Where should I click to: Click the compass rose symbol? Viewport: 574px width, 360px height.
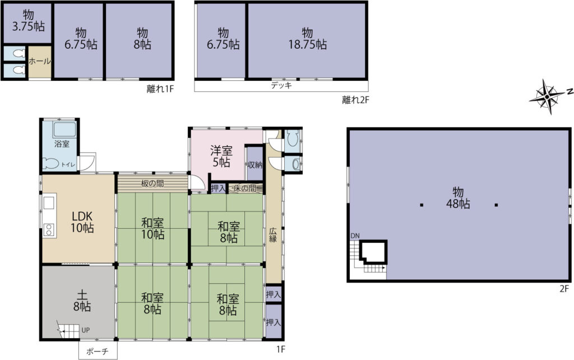pyautogui.click(x=547, y=96)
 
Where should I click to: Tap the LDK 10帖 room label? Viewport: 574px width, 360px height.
pyautogui.click(x=82, y=221)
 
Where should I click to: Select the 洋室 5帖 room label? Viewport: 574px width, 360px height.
pyautogui.click(x=221, y=156)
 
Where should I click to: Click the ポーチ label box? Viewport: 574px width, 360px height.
pyautogui.click(x=98, y=351)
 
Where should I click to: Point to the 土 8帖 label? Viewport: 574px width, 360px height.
pyautogui.click(x=82, y=301)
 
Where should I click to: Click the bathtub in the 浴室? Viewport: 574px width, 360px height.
pyautogui.click(x=64, y=130)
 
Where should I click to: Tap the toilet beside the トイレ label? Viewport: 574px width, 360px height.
pyautogui.click(x=51, y=163)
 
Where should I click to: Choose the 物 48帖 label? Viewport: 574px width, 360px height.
pyautogui.click(x=458, y=198)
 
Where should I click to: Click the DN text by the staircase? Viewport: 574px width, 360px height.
pyautogui.click(x=355, y=236)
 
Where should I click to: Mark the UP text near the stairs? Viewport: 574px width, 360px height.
pyautogui.click(x=85, y=330)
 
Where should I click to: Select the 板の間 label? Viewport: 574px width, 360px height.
pyautogui.click(x=152, y=183)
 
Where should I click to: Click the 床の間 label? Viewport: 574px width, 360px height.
pyautogui.click(x=244, y=188)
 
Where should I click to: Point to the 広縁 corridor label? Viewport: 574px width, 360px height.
pyautogui.click(x=273, y=235)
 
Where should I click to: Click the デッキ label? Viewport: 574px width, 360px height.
pyautogui.click(x=281, y=86)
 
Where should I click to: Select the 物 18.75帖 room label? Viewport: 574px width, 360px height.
pyautogui.click(x=308, y=39)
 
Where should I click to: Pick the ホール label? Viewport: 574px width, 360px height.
pyautogui.click(x=40, y=61)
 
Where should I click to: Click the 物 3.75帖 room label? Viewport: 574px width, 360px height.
pyautogui.click(x=29, y=21)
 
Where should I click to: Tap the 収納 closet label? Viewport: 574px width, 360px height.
pyautogui.click(x=255, y=165)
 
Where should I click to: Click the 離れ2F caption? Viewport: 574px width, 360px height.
pyautogui.click(x=355, y=100)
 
